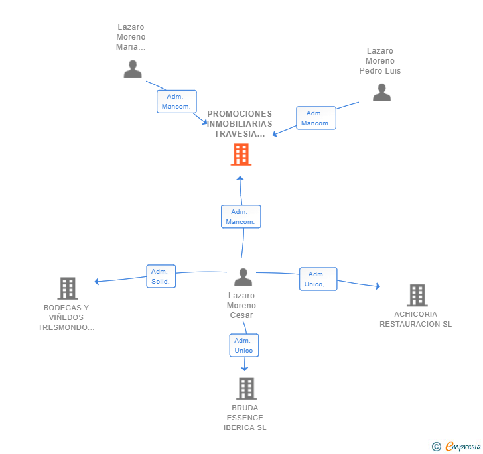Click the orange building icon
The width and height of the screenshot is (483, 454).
[241, 154]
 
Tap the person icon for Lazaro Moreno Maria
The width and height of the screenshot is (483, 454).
[133, 69]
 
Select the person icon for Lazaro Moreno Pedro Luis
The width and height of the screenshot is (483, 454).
[381, 92]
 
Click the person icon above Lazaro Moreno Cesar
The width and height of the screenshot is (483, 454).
[243, 277]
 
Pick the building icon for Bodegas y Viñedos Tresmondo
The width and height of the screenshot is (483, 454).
[68, 288]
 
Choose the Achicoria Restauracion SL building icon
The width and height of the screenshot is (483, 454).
[417, 295]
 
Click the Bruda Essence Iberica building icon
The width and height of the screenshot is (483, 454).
[246, 388]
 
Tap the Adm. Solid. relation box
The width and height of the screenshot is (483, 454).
[161, 276]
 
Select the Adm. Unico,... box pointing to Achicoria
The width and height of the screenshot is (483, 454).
[318, 279]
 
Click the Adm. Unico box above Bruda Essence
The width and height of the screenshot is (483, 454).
[244, 345]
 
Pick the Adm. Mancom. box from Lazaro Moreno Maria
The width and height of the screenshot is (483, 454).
[176, 101]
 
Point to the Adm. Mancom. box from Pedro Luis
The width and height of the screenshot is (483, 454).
[316, 118]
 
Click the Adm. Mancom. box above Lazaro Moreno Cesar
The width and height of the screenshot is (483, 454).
[241, 217]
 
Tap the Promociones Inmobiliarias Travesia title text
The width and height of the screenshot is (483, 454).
[240, 124]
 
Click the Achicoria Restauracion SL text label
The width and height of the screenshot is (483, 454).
[416, 319]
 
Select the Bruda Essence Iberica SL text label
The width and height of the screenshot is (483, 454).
[245, 418]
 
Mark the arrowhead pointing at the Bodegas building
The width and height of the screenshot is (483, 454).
[96, 281]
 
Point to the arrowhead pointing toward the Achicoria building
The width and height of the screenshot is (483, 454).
[378, 286]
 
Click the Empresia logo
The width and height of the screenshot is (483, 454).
[456, 446]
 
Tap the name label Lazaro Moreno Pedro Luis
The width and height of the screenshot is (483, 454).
[379, 61]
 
